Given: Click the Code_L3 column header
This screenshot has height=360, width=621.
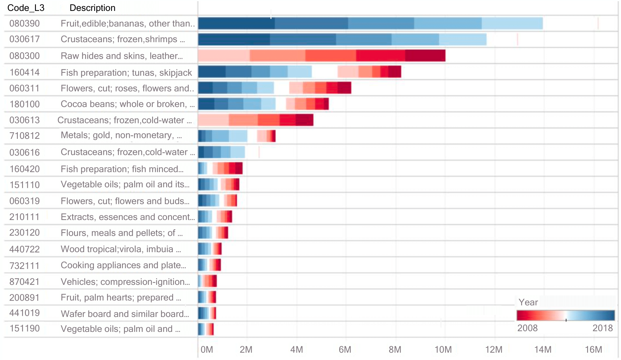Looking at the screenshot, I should pyautogui.click(x=26, y=8).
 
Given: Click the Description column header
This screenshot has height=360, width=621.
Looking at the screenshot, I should pyautogui.click(x=92, y=8).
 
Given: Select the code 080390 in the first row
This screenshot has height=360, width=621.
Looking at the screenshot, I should pyautogui.click(x=24, y=24).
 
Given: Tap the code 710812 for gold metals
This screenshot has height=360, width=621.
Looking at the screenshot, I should pyautogui.click(x=24, y=135).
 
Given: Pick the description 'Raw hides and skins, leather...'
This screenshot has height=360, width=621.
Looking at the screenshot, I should pyautogui.click(x=122, y=56).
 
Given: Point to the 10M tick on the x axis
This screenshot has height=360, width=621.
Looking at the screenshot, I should pyautogui.click(x=443, y=349).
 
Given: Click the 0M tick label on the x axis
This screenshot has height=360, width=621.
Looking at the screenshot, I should pyautogui.click(x=207, y=349).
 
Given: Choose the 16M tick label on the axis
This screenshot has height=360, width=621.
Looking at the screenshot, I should pyautogui.click(x=593, y=349).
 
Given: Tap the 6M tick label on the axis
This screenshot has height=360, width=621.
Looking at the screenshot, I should pyautogui.click(x=345, y=349).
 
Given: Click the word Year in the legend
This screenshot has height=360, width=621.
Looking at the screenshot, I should pyautogui.click(x=528, y=302).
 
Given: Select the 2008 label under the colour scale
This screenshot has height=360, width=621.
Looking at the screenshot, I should pyautogui.click(x=527, y=328).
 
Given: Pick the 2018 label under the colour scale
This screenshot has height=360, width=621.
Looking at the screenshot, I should pyautogui.click(x=603, y=328).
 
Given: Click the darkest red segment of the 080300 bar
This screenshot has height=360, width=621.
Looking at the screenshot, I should pyautogui.click(x=425, y=56).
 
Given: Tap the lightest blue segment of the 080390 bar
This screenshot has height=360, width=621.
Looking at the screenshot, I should pyautogui.click(x=512, y=24).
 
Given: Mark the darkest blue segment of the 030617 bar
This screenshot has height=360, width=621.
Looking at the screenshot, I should pyautogui.click(x=234, y=40).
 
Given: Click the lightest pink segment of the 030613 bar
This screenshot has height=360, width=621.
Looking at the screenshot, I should pyautogui.click(x=213, y=120).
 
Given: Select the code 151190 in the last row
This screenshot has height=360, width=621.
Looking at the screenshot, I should pyautogui.click(x=24, y=328).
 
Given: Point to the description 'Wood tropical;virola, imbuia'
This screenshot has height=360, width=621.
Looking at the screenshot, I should pyautogui.click(x=121, y=249).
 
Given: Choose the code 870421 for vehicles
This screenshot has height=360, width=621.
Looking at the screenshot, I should pyautogui.click(x=24, y=282).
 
